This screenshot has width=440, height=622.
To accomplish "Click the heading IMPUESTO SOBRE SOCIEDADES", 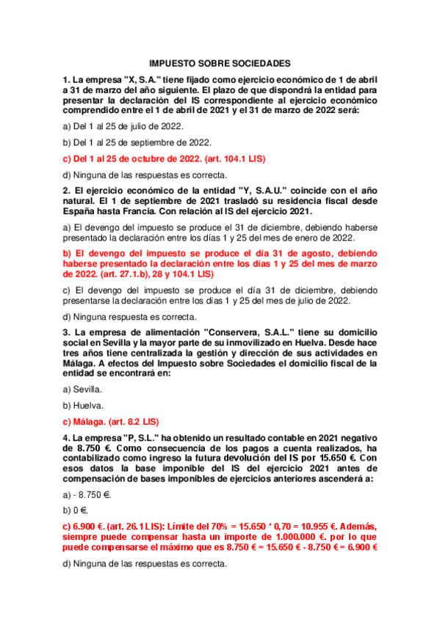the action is click(x=220, y=64).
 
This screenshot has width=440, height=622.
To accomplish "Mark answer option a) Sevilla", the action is click(x=82, y=389).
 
